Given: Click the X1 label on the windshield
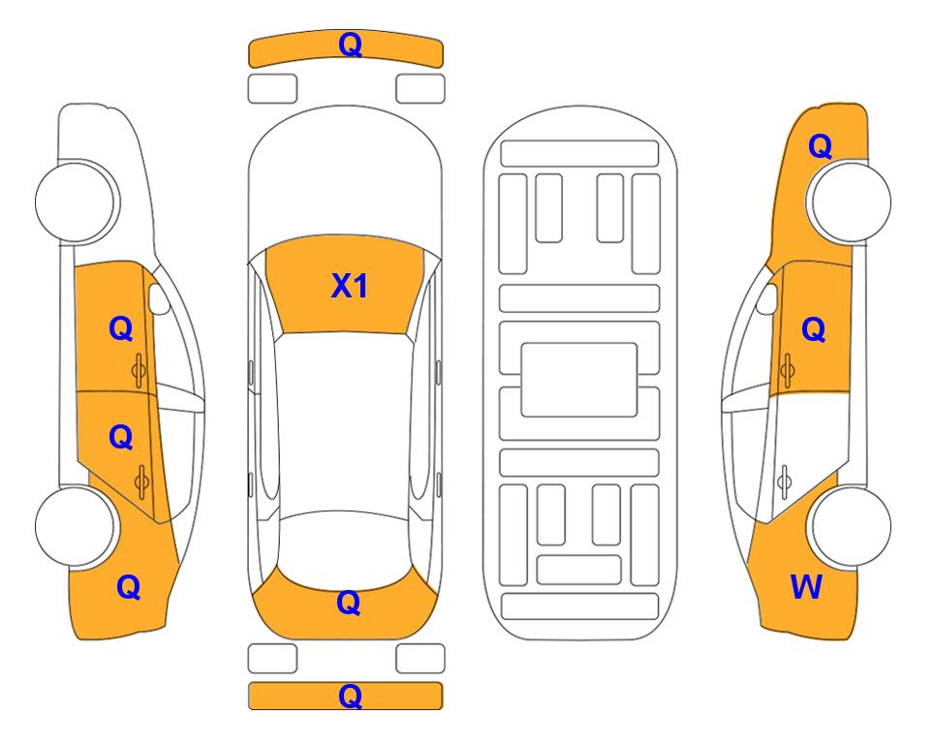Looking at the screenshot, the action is pyautogui.click(x=350, y=286).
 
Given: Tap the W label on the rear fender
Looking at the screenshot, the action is pyautogui.click(x=806, y=587).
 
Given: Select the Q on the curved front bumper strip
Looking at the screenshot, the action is pyautogui.click(x=351, y=45).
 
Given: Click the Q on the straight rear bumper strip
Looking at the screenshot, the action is pyautogui.click(x=350, y=696).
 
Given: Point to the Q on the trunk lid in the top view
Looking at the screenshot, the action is pyautogui.click(x=349, y=603).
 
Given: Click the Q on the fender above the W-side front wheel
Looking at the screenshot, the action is pyautogui.click(x=820, y=146).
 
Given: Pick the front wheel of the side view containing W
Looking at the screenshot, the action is pyautogui.click(x=849, y=202).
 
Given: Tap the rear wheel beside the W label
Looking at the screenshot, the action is pyautogui.click(x=849, y=526).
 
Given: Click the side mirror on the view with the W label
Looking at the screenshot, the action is pyautogui.click(x=767, y=298).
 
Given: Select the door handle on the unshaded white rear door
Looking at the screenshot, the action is pyautogui.click(x=785, y=482).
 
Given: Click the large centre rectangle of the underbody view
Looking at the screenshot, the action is pyautogui.click(x=579, y=380).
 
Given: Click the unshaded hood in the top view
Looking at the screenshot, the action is pyautogui.click(x=345, y=178).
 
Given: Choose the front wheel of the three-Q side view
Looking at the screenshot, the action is pyautogui.click(x=78, y=202).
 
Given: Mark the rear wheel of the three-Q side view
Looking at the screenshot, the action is pyautogui.click(x=78, y=526).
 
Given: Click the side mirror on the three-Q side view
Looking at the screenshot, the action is pyautogui.click(x=159, y=298).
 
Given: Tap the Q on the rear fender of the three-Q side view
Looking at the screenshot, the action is pyautogui.click(x=129, y=587).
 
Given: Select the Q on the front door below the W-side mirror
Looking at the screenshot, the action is pyautogui.click(x=814, y=329).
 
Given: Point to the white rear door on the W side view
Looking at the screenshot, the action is pyautogui.click(x=806, y=452).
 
